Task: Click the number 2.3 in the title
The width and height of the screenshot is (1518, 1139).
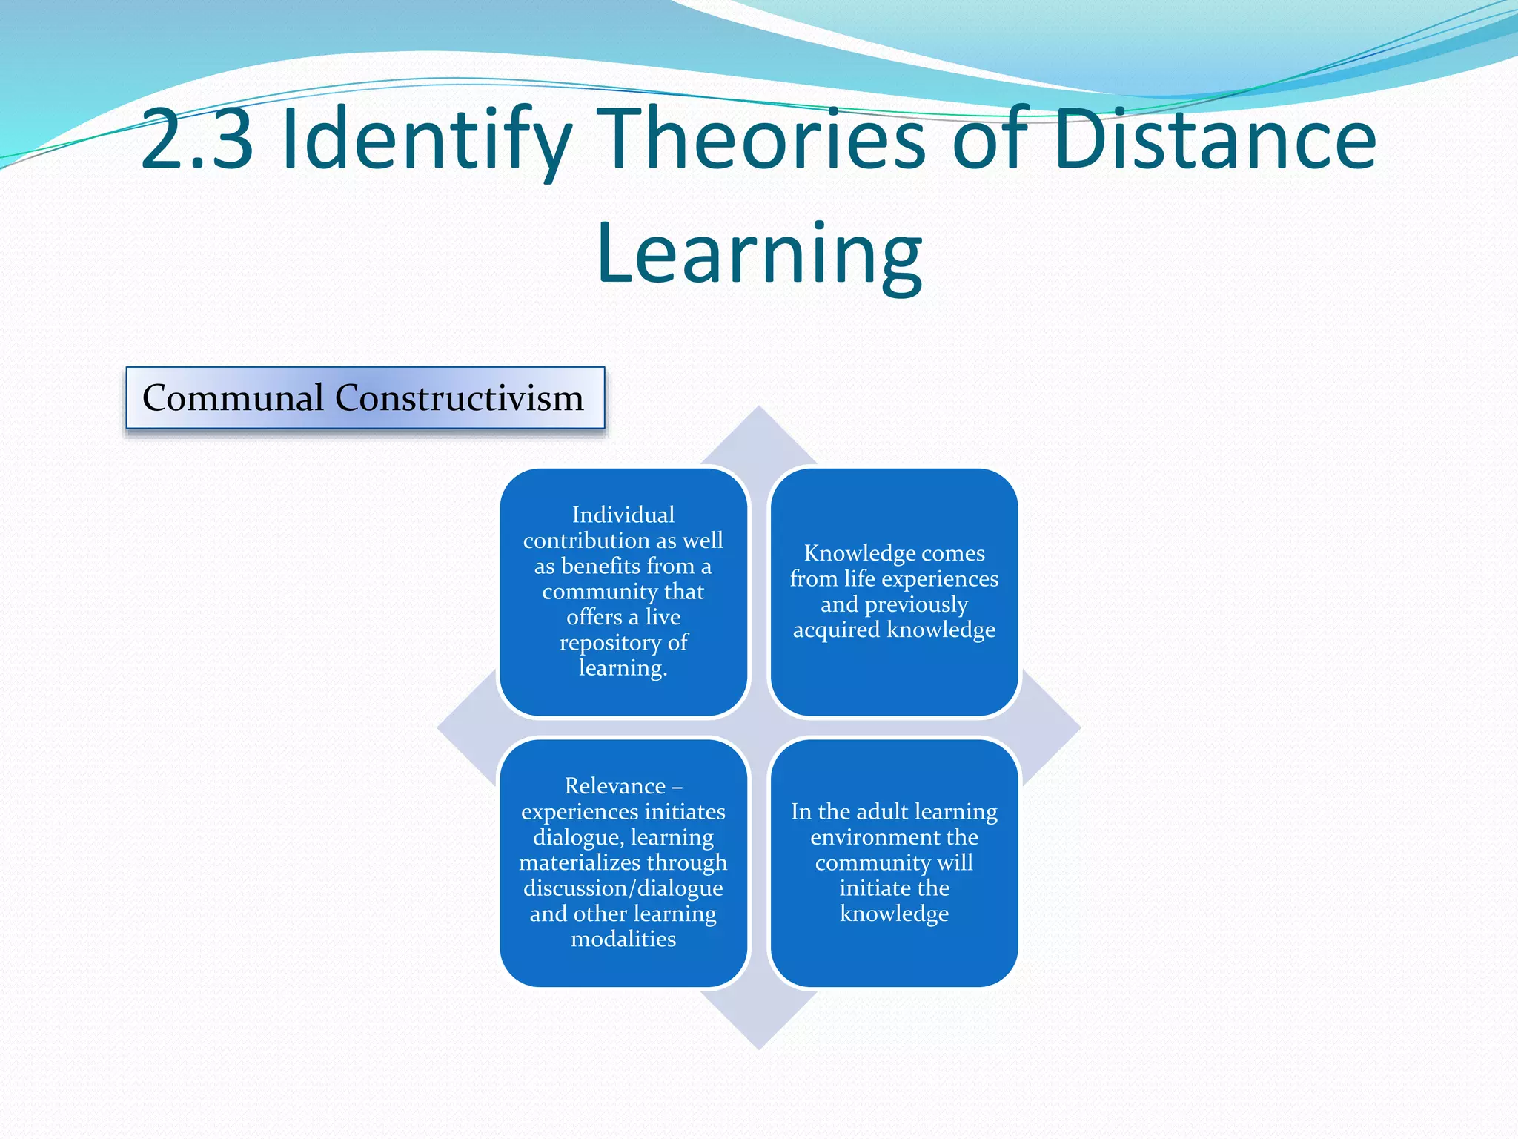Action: click(x=196, y=139)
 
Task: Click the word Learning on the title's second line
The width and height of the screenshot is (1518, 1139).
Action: click(x=759, y=254)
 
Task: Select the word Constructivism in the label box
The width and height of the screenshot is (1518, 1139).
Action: click(x=459, y=397)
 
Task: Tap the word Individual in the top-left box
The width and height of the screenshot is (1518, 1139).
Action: click(x=623, y=515)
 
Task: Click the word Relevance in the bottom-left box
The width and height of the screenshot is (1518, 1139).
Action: click(x=614, y=786)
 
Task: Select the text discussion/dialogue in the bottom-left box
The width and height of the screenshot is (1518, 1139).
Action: click(x=623, y=888)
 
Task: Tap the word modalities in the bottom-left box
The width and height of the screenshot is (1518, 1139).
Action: click(x=623, y=939)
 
